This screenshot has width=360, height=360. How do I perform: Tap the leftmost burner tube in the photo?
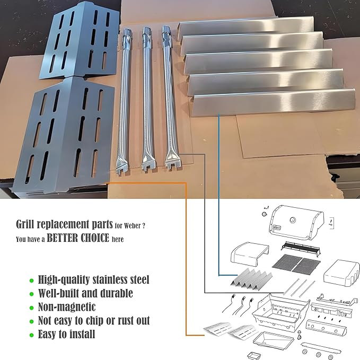(125, 101)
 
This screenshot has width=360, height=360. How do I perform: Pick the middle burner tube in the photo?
(147, 101)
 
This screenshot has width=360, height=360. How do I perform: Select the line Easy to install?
(66, 335)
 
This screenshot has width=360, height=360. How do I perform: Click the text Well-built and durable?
(85, 293)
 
